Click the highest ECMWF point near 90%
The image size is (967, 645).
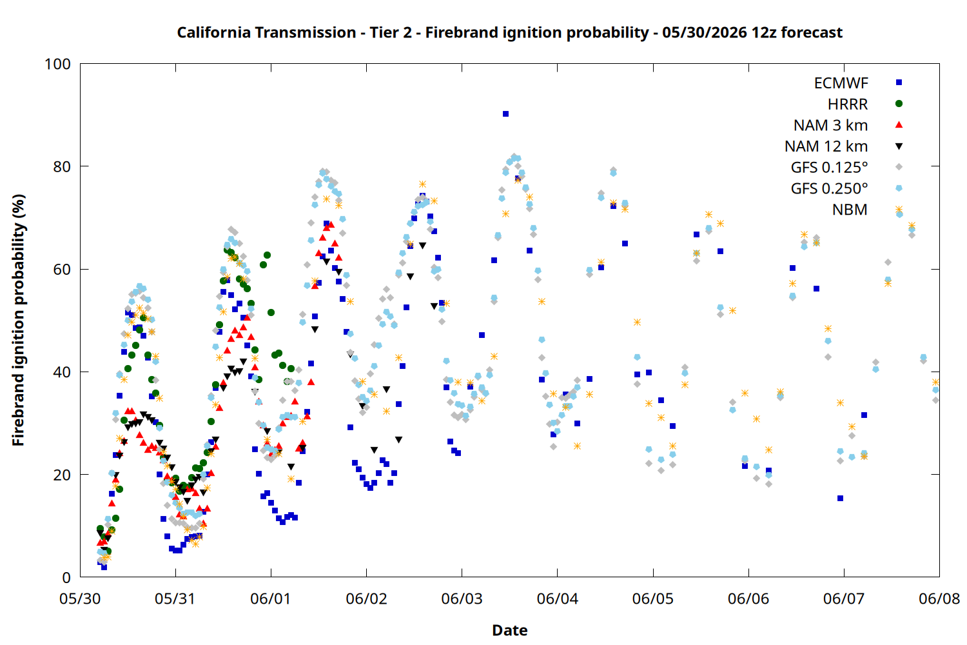click(505, 114)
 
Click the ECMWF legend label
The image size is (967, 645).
click(841, 83)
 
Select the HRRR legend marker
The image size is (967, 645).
click(899, 104)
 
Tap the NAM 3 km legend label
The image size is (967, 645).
click(830, 125)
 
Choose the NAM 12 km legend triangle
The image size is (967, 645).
click(899, 146)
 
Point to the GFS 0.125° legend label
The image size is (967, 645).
click(829, 167)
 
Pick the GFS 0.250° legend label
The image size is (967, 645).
click(829, 188)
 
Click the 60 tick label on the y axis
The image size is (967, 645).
click(62, 269)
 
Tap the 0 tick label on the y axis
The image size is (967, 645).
click(66, 577)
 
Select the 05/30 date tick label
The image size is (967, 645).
click(81, 599)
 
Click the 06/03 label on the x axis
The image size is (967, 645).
click(462, 599)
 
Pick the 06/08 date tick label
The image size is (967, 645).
click(939, 599)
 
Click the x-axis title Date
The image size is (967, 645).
click(510, 630)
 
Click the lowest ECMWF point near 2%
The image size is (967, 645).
click(104, 567)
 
